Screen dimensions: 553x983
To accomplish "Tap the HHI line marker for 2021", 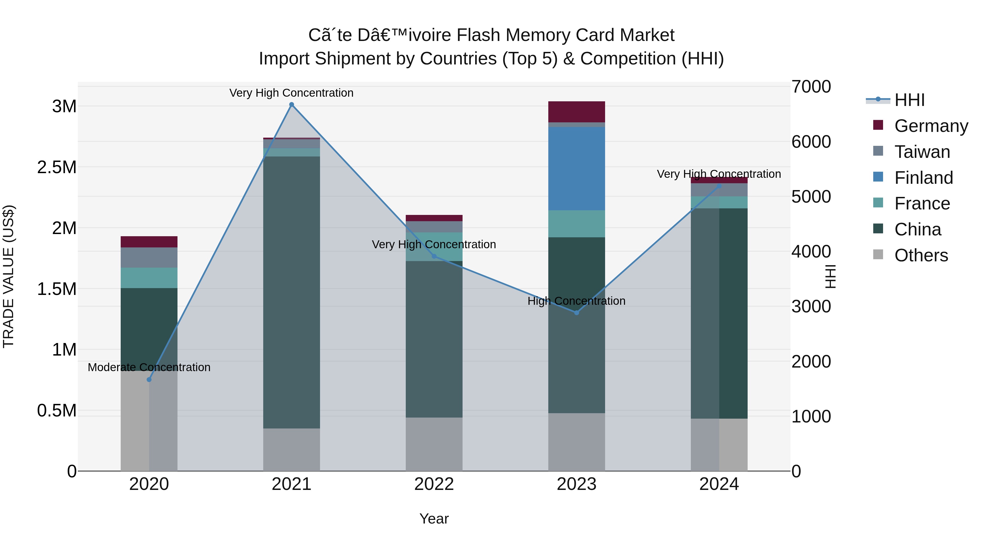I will tap(292, 105).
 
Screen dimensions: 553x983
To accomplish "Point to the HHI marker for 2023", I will tap(577, 313).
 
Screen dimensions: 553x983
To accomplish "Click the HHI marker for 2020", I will tap(149, 379).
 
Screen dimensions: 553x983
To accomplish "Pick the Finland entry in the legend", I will tap(923, 178).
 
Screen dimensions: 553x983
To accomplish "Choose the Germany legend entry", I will tap(931, 126).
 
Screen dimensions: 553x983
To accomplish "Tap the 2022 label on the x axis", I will tap(434, 484).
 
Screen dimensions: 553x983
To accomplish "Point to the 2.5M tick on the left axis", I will tap(57, 167).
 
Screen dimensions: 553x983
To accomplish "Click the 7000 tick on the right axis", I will tap(811, 87).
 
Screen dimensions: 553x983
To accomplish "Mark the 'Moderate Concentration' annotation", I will tap(149, 367).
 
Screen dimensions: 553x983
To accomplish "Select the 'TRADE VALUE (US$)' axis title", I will tap(8, 276).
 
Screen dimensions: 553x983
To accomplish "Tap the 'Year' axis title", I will tap(434, 519).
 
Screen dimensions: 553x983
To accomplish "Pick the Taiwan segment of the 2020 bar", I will tap(149, 257).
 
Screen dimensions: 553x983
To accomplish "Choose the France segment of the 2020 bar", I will tap(149, 277).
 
